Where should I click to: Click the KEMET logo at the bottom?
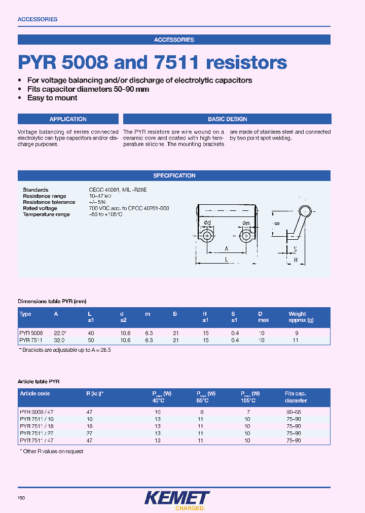[x=176, y=499]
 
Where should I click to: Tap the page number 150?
[x=21, y=498]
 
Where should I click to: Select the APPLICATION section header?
[x=68, y=119]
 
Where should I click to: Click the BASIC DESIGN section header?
[x=227, y=119]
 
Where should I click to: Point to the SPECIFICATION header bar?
[x=174, y=175]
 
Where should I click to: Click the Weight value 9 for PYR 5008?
[x=297, y=333]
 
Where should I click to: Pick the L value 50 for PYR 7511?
[x=92, y=340]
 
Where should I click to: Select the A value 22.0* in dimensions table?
[x=61, y=333]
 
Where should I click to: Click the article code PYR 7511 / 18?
[x=36, y=426]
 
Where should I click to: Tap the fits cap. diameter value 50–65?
[x=294, y=412]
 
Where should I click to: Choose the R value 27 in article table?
[x=90, y=433]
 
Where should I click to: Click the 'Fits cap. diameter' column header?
[x=296, y=397]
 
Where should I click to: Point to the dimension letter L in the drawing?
[x=226, y=259]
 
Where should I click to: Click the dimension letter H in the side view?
[x=296, y=259]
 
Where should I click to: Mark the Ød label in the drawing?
[x=207, y=224]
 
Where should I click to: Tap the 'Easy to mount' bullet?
[x=52, y=98]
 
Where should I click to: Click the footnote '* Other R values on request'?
[x=52, y=451]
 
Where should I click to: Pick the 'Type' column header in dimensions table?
[x=25, y=314]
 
